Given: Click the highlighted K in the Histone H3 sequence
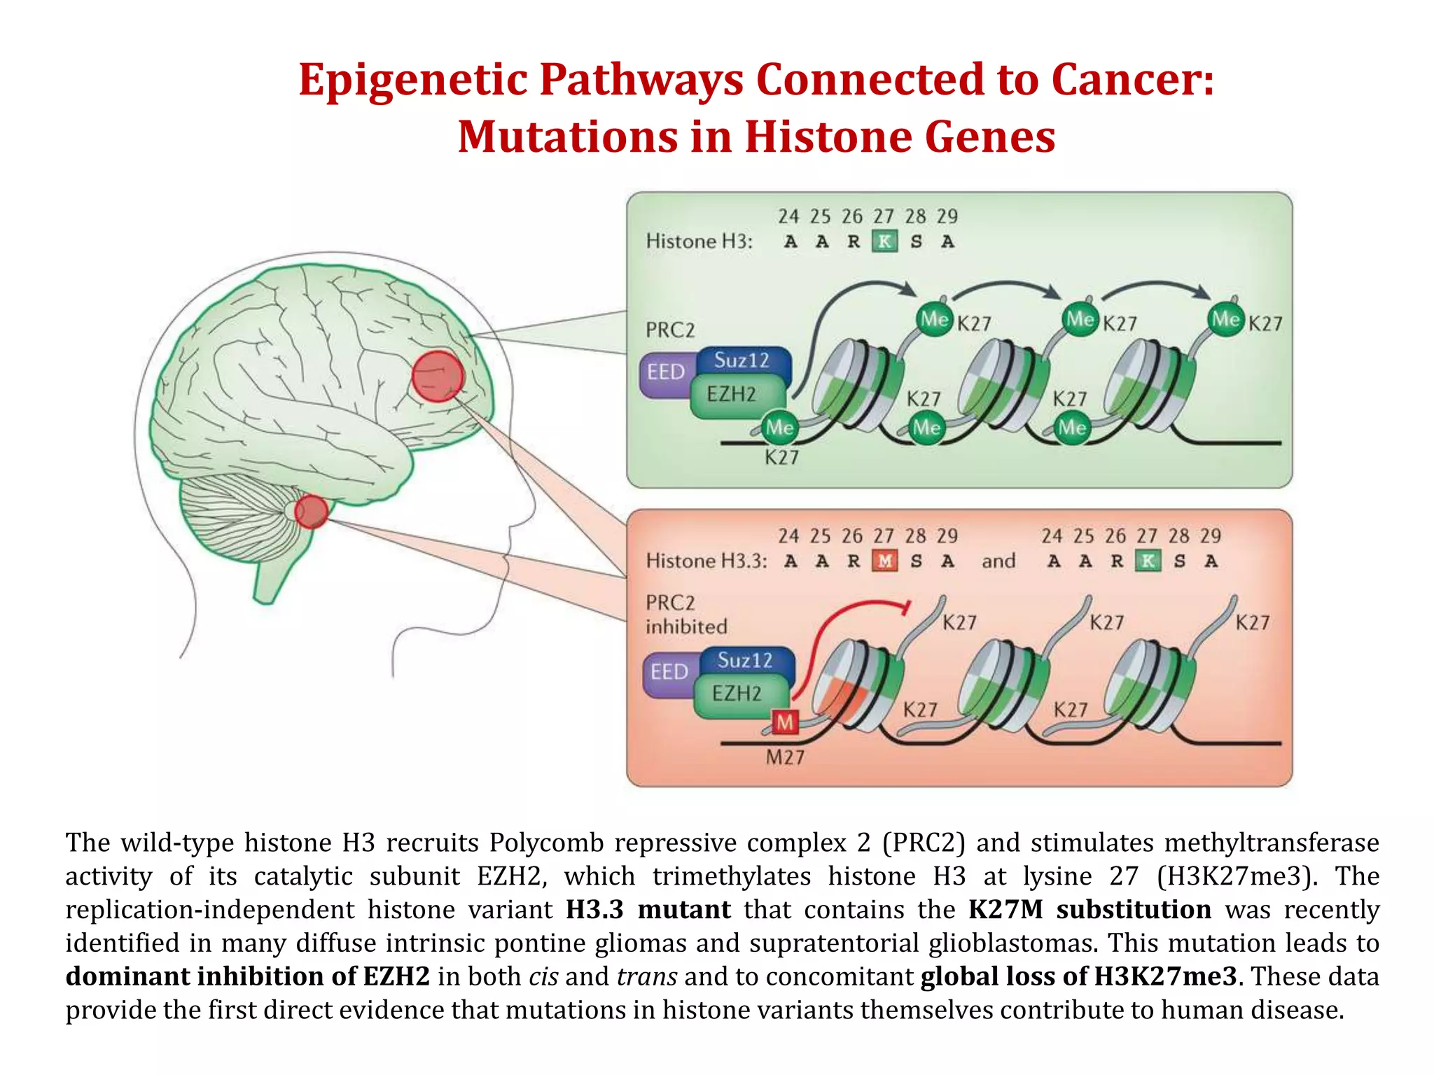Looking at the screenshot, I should (885, 241).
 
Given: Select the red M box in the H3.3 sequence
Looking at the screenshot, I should (885, 561).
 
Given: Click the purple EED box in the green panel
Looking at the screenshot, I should (665, 372).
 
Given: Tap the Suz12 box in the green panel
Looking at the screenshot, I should (742, 361).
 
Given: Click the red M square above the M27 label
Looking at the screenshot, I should (785, 722).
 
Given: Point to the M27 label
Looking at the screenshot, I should (785, 757).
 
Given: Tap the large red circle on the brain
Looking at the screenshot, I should (438, 377).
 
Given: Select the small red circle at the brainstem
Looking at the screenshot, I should (311, 511).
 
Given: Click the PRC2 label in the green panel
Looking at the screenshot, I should (670, 330).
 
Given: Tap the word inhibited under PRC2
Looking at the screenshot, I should (686, 626).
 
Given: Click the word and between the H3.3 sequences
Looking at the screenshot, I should (998, 561).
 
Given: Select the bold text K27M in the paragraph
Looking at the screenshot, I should (1005, 909).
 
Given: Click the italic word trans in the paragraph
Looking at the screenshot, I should (646, 976).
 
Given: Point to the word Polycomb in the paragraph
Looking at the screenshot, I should (546, 843).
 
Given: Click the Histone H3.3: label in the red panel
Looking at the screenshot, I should (706, 561).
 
